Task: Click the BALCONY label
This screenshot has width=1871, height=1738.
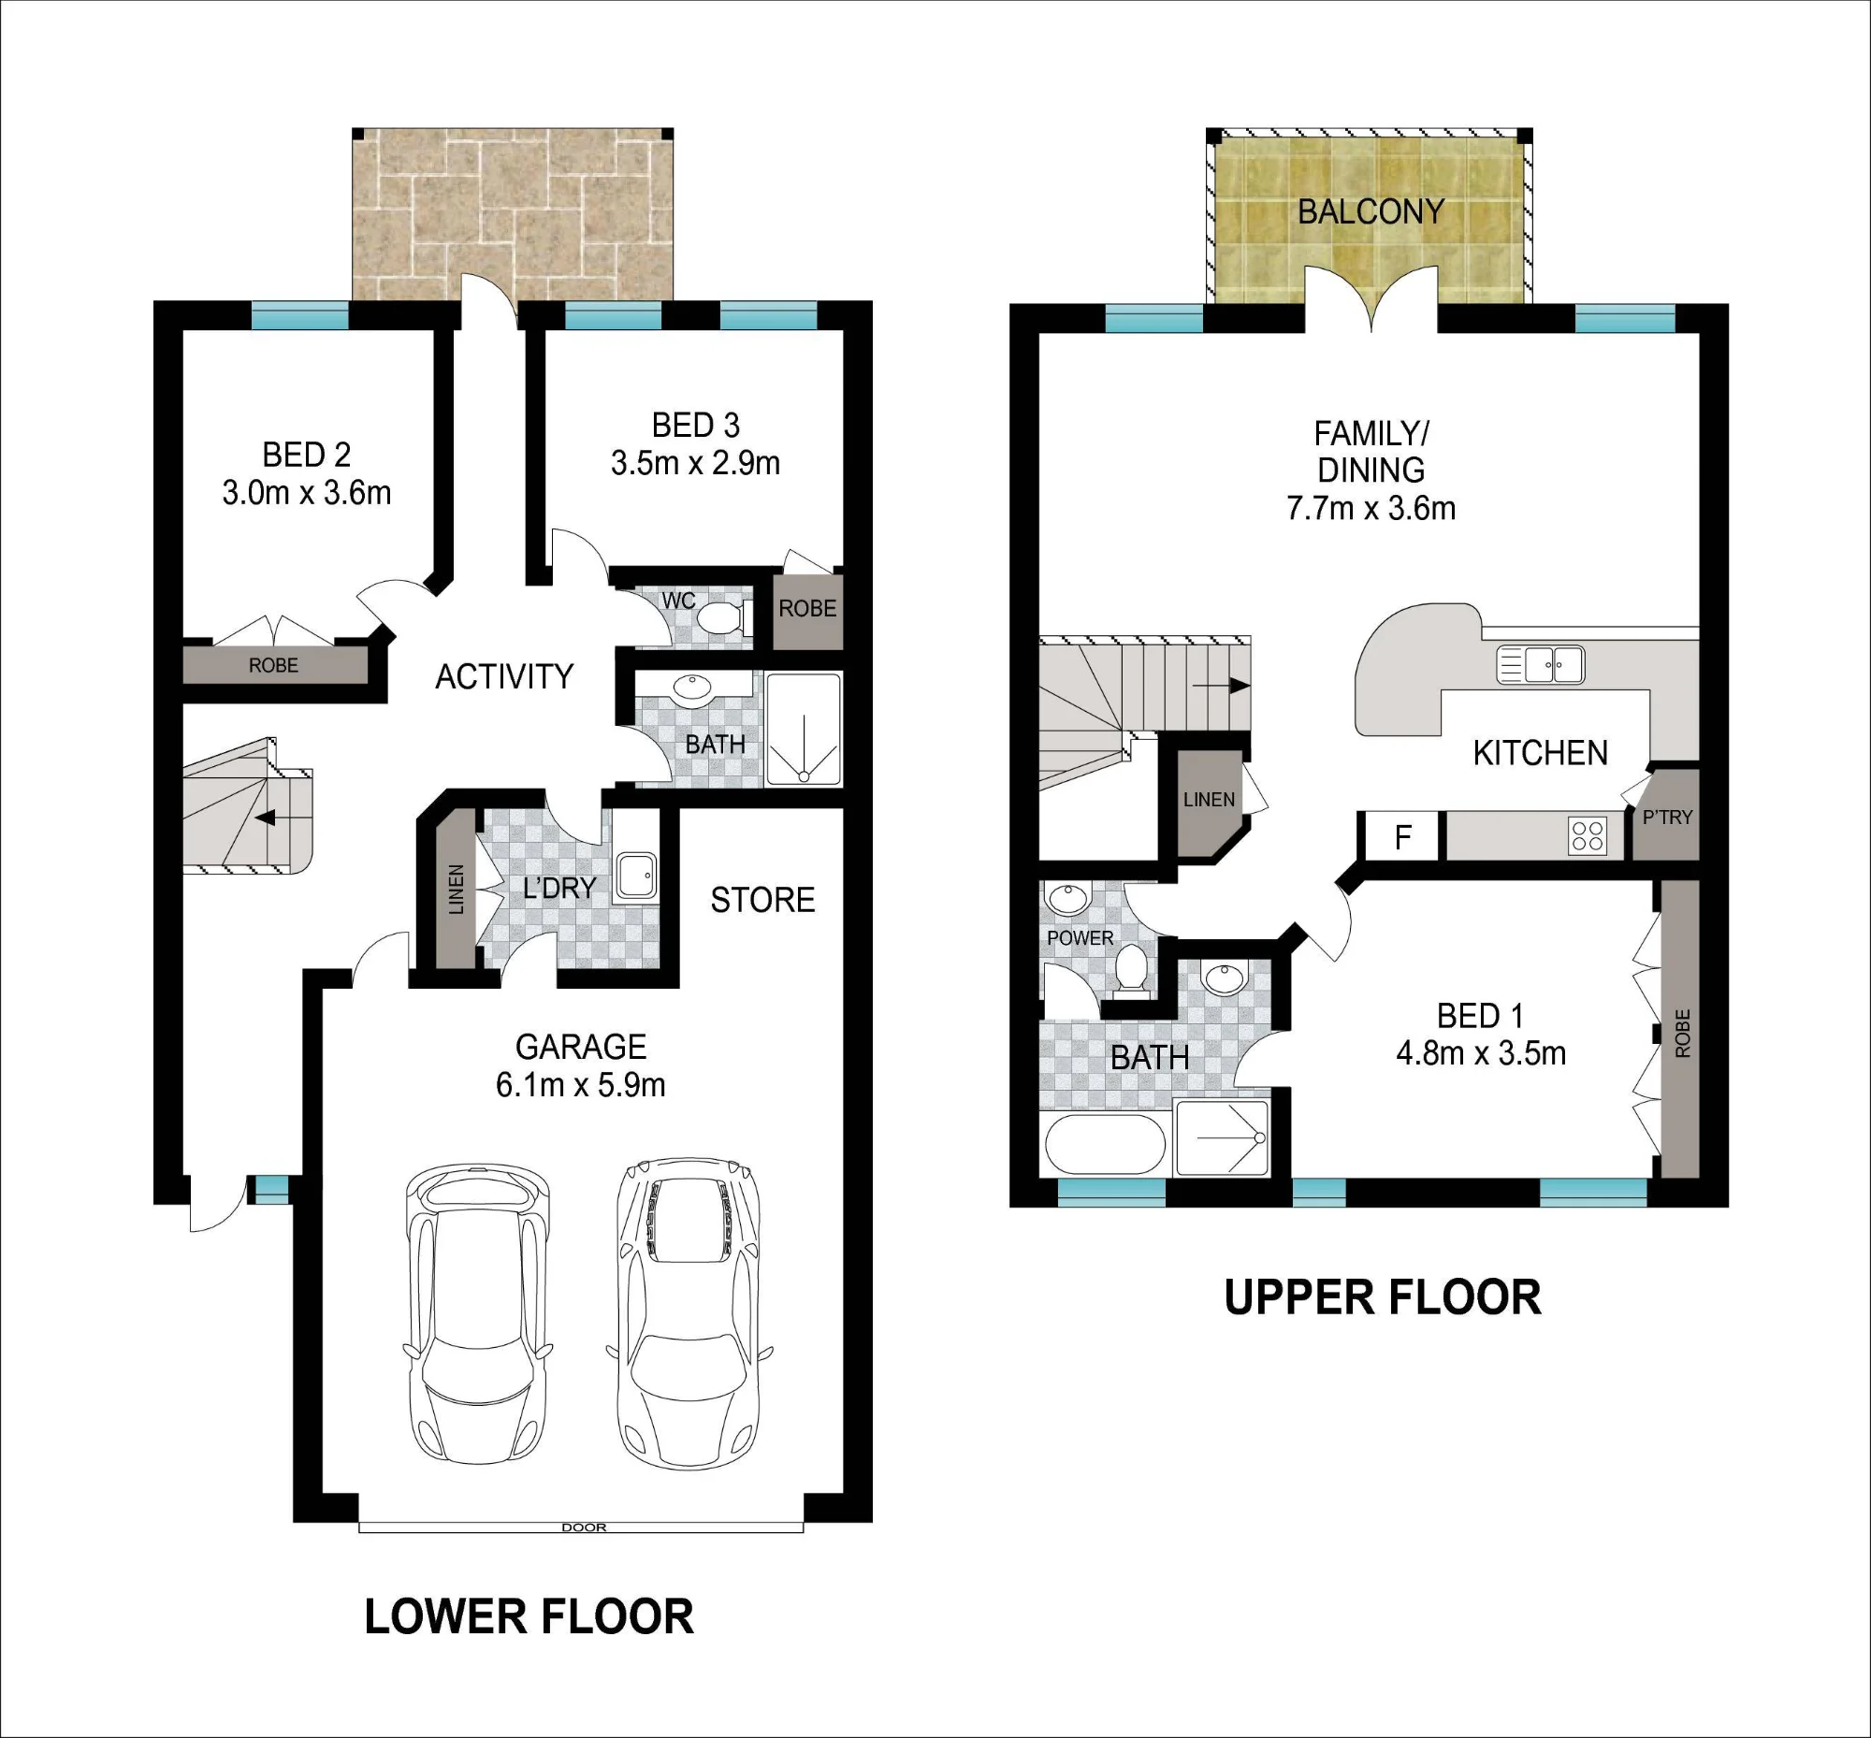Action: point(1371,211)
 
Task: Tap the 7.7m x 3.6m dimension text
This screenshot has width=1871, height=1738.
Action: point(1371,509)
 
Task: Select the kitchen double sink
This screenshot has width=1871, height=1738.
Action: point(1540,664)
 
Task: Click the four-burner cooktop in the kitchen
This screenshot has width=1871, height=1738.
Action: point(1588,835)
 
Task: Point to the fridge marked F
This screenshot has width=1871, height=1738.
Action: point(1402,836)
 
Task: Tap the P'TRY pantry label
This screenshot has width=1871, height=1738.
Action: point(1667,818)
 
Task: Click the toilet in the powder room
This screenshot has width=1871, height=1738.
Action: point(1131,972)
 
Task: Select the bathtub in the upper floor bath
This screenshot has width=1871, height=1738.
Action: point(1105,1144)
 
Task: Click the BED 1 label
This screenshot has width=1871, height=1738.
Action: point(1480,1016)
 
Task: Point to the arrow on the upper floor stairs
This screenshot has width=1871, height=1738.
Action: point(1221,687)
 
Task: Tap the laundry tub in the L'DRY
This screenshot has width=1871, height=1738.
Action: point(636,877)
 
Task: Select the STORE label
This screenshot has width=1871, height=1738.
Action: point(762,900)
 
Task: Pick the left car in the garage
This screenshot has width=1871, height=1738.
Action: point(477,1314)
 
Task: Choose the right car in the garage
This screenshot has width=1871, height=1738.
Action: point(688,1313)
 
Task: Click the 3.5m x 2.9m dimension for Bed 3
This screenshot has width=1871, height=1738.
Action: point(695,464)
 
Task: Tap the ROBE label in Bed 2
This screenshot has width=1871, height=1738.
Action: point(273,665)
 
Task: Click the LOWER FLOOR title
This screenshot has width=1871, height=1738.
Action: point(529,1616)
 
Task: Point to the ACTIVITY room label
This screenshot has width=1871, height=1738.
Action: point(504,676)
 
